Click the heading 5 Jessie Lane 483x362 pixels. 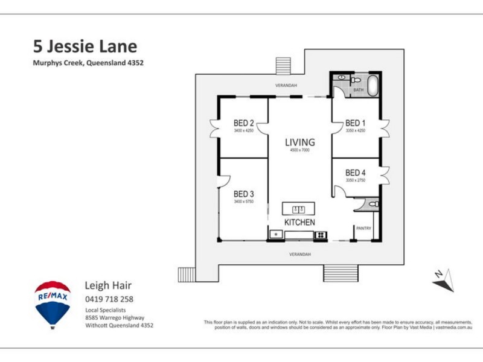(x=85, y=46)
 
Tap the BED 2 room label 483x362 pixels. (x=243, y=123)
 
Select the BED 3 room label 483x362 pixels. (x=243, y=194)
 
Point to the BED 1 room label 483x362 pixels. (x=356, y=123)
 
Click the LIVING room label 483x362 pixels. (x=300, y=142)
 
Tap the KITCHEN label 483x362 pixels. (x=299, y=223)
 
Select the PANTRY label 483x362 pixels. (x=363, y=228)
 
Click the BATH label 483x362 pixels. (x=359, y=90)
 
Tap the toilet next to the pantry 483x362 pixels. (x=374, y=205)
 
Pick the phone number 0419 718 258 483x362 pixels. (x=109, y=299)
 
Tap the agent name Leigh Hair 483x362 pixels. (x=108, y=285)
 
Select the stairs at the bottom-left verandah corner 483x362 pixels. (x=187, y=275)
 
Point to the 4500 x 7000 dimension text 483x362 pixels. (x=299, y=150)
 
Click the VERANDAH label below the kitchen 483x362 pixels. (x=300, y=254)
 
